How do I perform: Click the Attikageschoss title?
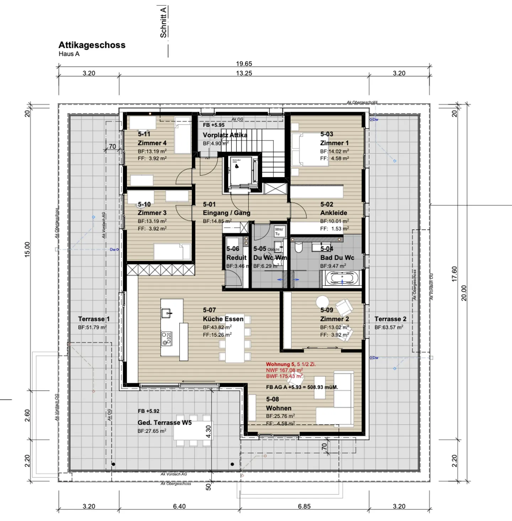[92, 45]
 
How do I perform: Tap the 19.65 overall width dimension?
[244, 64]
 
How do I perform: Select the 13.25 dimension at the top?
[244, 73]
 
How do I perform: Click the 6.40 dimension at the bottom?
[179, 506]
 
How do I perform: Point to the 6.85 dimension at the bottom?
[304, 506]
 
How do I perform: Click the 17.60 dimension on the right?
[454, 274]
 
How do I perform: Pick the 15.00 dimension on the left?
[27, 249]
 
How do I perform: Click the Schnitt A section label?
[163, 22]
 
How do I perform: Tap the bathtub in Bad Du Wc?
[342, 278]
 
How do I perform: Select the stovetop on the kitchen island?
[166, 338]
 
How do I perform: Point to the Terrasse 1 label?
[94, 319]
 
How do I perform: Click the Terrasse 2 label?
[390, 319]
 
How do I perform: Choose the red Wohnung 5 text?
[291, 364]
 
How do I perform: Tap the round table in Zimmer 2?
[322, 302]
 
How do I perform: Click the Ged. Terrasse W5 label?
[165, 423]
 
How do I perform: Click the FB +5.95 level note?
[214, 125]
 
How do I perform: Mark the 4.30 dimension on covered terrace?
[208, 432]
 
